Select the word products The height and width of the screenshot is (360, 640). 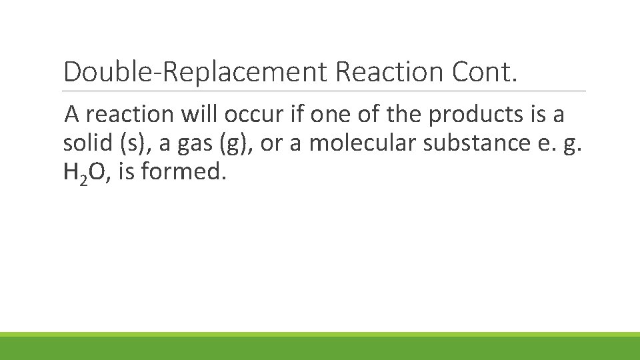(471, 115)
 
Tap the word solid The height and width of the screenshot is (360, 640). (85, 143)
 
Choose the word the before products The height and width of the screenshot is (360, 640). (403, 115)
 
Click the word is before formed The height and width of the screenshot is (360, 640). (126, 173)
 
